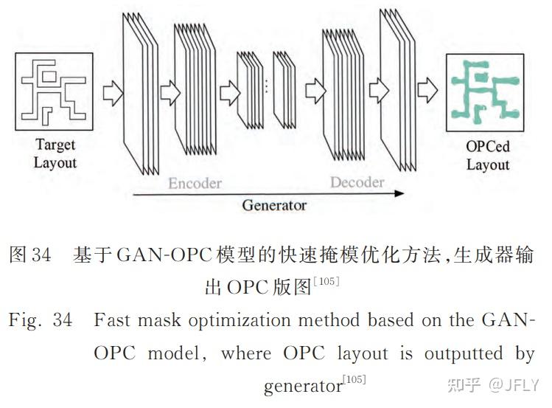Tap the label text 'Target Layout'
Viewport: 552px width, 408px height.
55,153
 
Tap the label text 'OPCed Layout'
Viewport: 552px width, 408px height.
487,155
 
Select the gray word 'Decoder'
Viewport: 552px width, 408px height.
357,182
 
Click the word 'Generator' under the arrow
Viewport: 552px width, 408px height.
274,206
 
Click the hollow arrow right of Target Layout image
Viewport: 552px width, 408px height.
112,94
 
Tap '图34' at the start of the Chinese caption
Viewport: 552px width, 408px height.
29,256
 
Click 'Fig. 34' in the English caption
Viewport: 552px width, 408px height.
40,322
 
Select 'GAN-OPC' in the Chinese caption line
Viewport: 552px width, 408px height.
158,256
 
